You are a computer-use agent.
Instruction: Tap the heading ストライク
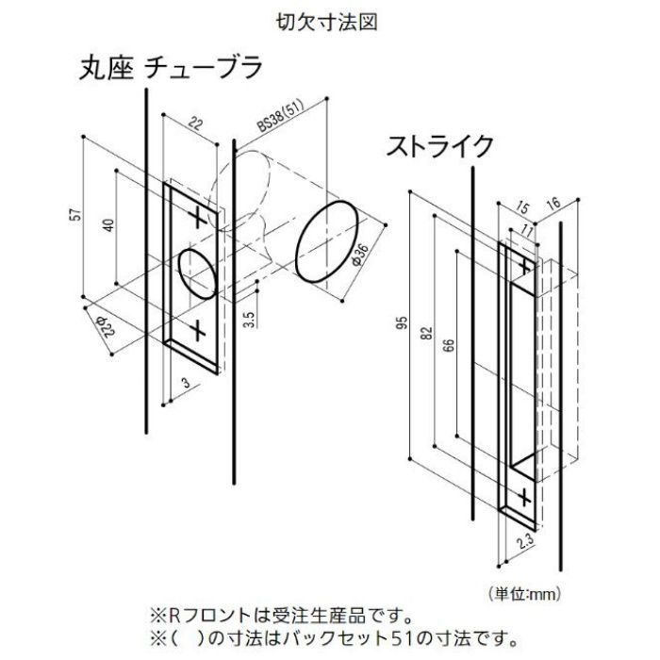click(x=439, y=146)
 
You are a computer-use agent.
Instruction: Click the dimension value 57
click(x=74, y=214)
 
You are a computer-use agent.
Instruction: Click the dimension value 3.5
click(x=246, y=319)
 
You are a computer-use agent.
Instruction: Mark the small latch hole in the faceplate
click(x=197, y=272)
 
